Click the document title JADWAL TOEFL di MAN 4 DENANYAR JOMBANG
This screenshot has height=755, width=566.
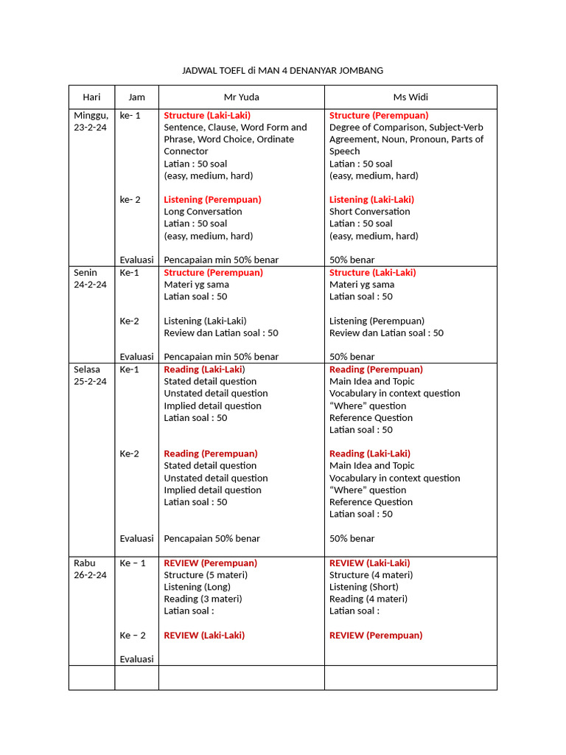(x=283, y=71)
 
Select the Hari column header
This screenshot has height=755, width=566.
(x=91, y=97)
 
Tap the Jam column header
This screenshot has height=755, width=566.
(x=136, y=97)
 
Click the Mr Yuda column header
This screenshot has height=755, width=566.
(x=242, y=97)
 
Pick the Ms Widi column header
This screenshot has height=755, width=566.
(x=410, y=97)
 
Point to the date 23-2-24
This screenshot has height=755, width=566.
(x=90, y=127)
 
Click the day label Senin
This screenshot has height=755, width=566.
(x=86, y=272)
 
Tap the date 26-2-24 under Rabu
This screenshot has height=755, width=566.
(x=90, y=574)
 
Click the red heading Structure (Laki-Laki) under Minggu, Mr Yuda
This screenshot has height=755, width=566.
(x=207, y=115)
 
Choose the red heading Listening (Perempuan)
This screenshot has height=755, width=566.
(x=212, y=199)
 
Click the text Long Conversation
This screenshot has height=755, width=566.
(x=203, y=212)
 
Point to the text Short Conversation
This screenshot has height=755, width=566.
(x=370, y=212)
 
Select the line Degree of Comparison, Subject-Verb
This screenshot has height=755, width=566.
(x=406, y=127)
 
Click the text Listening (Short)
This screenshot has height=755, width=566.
(x=364, y=587)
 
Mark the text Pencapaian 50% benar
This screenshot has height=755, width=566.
(x=212, y=538)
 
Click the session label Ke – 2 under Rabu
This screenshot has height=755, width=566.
(x=133, y=635)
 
